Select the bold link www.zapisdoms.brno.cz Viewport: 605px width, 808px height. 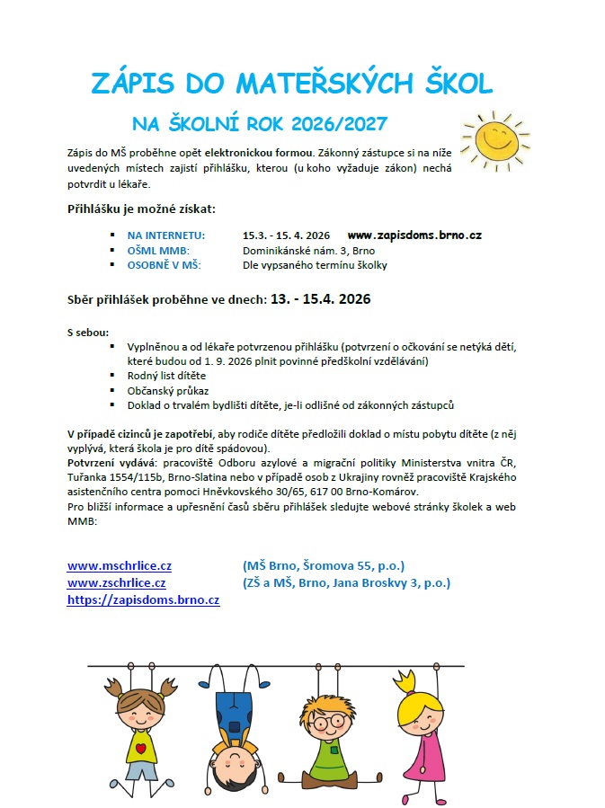tap(414, 235)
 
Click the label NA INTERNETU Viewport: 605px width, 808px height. tap(166, 235)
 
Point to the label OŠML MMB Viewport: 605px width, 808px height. tap(158, 251)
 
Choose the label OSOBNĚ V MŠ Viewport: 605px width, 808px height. tap(165, 265)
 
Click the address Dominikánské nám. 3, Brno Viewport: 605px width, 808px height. tap(308, 251)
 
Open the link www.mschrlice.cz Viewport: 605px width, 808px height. tap(120, 565)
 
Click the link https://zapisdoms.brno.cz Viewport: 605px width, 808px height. tap(144, 599)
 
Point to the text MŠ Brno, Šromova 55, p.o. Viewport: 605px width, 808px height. tap(324, 565)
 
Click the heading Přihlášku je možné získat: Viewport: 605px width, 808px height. tap(142, 209)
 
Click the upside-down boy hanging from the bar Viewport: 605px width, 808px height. tap(234, 719)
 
